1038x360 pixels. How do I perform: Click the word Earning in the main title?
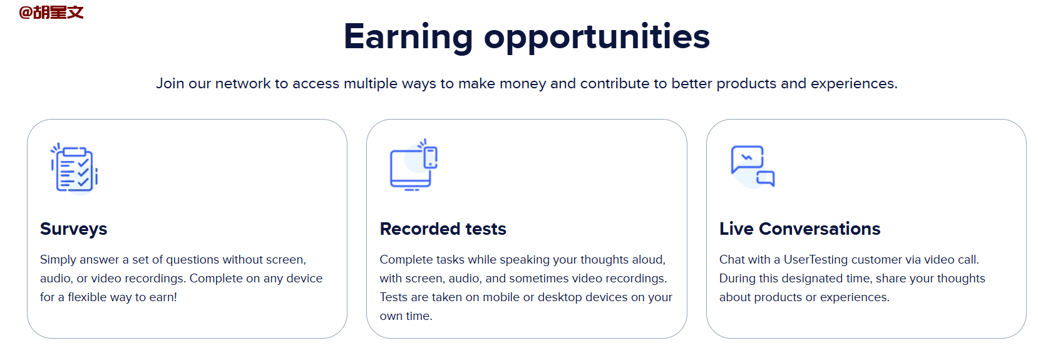(408, 37)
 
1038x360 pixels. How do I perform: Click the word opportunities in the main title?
(597, 37)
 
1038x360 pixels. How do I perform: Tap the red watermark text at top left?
(51, 12)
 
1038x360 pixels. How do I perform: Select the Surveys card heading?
(74, 229)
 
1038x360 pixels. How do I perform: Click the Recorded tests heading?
(443, 229)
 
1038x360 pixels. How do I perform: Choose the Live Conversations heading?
(800, 229)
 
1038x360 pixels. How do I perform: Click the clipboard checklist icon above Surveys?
(74, 168)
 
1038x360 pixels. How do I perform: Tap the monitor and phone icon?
(414, 165)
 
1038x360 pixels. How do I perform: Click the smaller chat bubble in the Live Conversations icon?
(766, 178)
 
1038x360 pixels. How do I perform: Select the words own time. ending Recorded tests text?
(406, 316)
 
